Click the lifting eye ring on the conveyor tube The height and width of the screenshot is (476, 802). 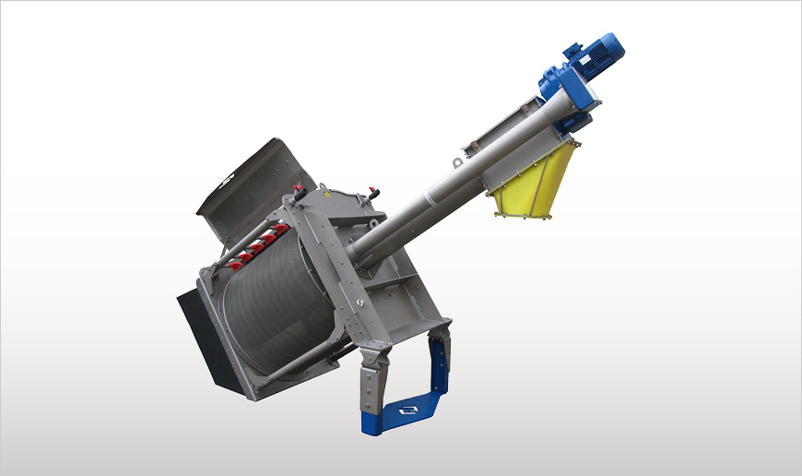[456, 163]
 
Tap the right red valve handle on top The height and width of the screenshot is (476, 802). [373, 193]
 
